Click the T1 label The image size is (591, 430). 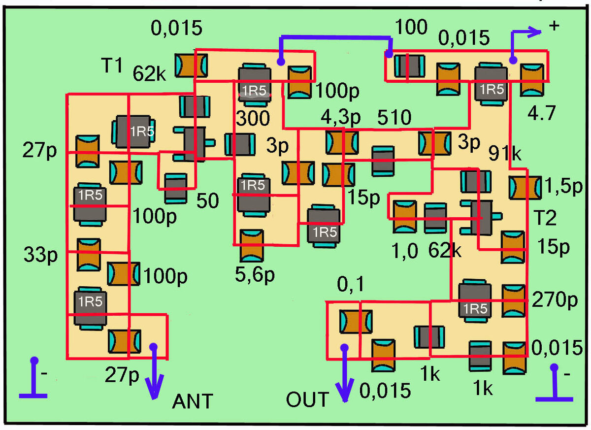point(112,66)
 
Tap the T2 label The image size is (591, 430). point(545,217)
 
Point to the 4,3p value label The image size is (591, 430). point(340,117)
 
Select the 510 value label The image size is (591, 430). point(394,117)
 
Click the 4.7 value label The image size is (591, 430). point(541,113)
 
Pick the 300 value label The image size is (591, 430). point(253,118)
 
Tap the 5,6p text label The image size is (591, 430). point(255,275)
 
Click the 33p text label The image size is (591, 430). point(40,255)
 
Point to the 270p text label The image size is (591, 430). point(555,299)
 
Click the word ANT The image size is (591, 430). point(193,401)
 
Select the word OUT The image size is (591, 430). point(307,399)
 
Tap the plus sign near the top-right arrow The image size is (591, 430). point(554,26)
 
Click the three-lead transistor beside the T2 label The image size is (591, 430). point(481,217)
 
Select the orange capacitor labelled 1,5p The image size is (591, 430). point(525,187)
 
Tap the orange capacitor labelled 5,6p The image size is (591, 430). point(252,246)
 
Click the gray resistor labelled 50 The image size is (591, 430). point(176,188)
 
